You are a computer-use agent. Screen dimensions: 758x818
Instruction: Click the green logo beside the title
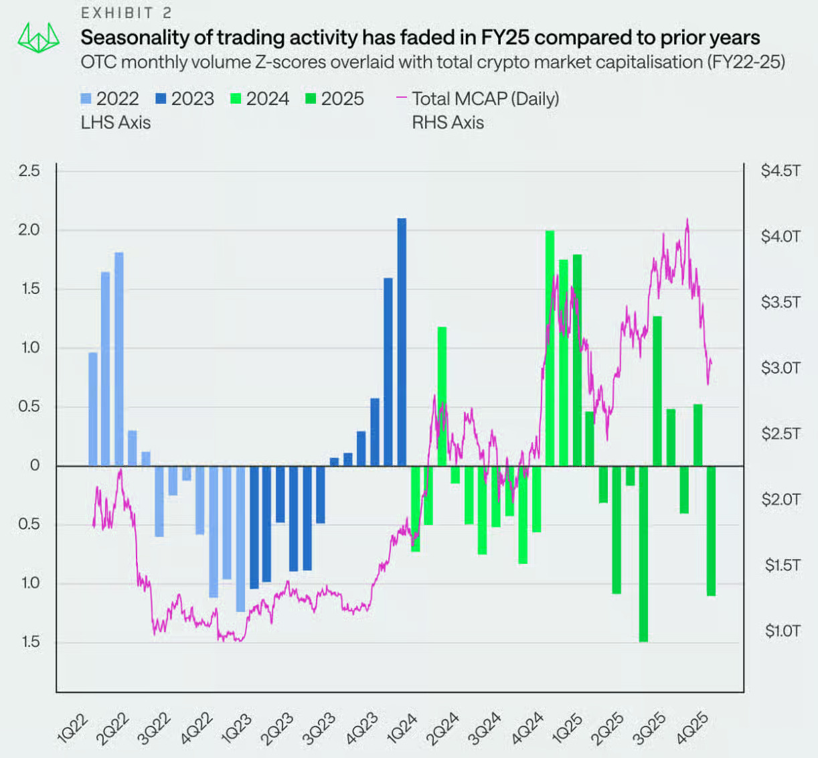pyautogui.click(x=38, y=38)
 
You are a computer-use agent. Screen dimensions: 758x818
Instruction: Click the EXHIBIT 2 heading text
pyautogui.click(x=126, y=13)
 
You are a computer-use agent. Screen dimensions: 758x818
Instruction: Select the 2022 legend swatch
pyautogui.click(x=86, y=99)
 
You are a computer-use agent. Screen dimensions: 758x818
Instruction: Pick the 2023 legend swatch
pyautogui.click(x=161, y=99)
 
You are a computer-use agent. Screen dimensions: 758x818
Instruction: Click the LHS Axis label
pyautogui.click(x=115, y=123)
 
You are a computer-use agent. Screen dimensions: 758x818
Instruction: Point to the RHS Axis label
pyautogui.click(x=447, y=123)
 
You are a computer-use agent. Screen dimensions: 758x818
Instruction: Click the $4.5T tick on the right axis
pyautogui.click(x=780, y=171)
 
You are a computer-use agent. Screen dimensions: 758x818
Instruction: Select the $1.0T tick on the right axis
pyautogui.click(x=782, y=631)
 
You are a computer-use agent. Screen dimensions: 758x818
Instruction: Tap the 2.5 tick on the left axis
pyautogui.click(x=29, y=171)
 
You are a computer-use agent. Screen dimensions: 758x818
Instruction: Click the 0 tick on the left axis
pyautogui.click(x=35, y=465)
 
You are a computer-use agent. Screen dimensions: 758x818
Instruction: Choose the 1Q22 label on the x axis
pyautogui.click(x=72, y=729)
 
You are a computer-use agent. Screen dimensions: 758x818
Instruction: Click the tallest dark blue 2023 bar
pyautogui.click(x=402, y=342)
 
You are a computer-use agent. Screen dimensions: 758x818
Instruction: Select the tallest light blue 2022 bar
pyautogui.click(x=119, y=358)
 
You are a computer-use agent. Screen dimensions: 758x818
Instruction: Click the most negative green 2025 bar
pyautogui.click(x=643, y=554)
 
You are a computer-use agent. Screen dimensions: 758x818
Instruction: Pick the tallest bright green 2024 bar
pyautogui.click(x=550, y=348)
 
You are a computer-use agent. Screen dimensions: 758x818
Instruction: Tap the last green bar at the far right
pyautogui.click(x=711, y=530)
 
